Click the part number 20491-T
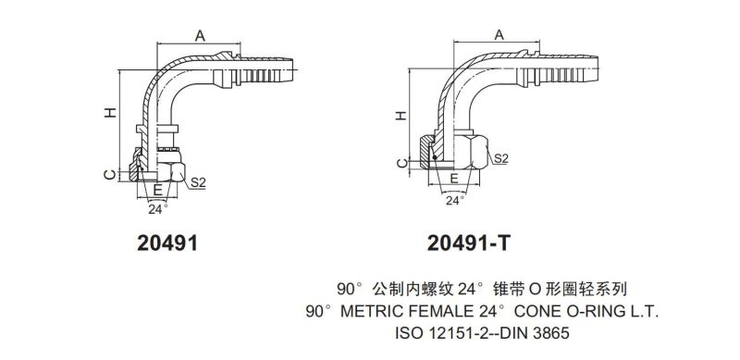coord(469,243)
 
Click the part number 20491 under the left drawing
coord(167,243)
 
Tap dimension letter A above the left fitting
coord(200,35)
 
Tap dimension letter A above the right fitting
coord(499,34)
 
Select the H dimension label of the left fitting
coord(110,112)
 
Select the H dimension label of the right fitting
coord(401,116)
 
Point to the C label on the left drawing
coord(109,175)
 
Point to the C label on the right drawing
coord(401,163)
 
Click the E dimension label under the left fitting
coord(158,190)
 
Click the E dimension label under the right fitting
coord(454,178)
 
